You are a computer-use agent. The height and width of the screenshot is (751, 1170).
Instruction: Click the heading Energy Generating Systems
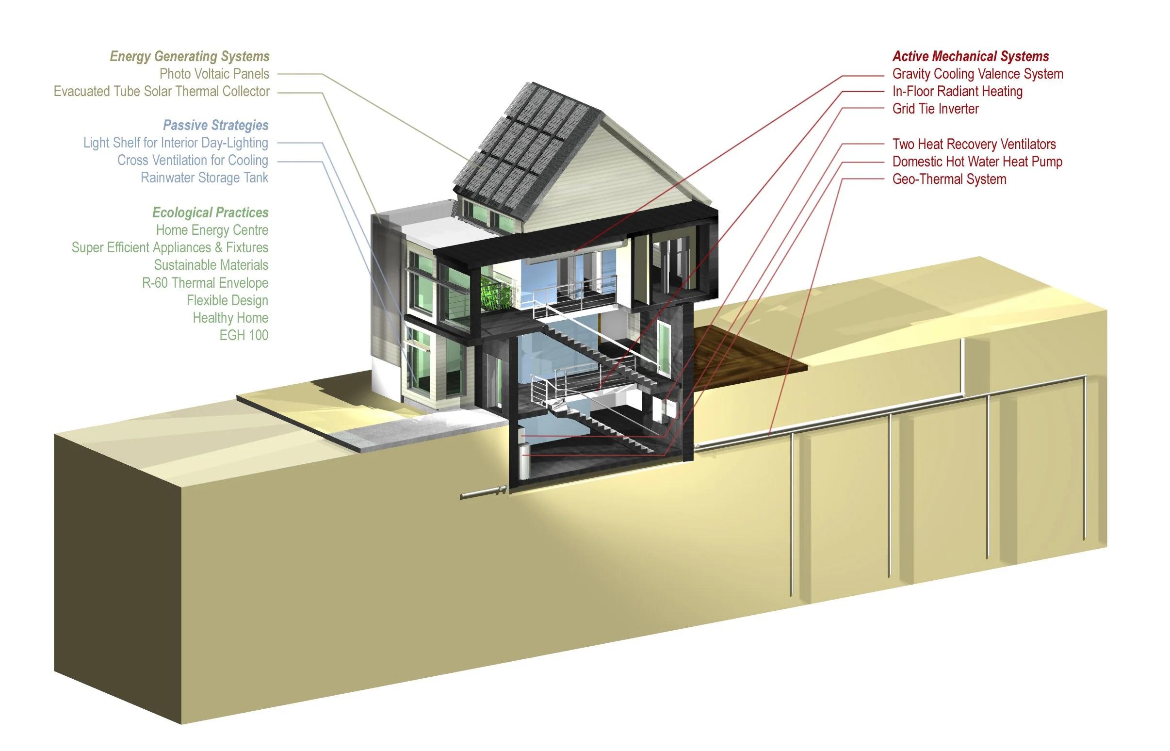[x=189, y=57]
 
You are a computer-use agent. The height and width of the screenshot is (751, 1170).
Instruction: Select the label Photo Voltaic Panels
[x=214, y=74]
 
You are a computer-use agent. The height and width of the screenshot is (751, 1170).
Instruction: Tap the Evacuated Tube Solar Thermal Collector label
[x=162, y=92]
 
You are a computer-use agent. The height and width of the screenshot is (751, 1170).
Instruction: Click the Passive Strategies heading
[x=215, y=125]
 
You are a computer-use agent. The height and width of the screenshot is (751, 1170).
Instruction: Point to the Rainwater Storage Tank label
[x=204, y=178]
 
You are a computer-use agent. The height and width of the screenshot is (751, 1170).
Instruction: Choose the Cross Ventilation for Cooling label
[x=193, y=161]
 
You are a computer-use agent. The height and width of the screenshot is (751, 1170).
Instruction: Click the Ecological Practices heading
[x=210, y=212]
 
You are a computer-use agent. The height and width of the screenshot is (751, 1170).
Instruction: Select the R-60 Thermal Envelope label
[x=205, y=283]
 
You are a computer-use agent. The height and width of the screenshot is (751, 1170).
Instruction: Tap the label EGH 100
[x=243, y=336]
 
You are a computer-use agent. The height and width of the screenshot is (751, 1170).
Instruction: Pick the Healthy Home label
[x=230, y=318]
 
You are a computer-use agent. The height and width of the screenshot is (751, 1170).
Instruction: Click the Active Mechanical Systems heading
[x=970, y=57]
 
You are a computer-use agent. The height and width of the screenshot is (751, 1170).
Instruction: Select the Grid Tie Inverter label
[x=935, y=109]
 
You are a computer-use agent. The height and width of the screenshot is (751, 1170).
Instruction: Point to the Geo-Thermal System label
[x=949, y=180]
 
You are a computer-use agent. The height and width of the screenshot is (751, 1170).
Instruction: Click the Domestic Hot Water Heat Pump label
[x=977, y=162]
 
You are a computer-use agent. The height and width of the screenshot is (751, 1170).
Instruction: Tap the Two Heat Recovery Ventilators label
[x=974, y=145]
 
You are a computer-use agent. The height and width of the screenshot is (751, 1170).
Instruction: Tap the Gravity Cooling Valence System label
[x=977, y=74]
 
